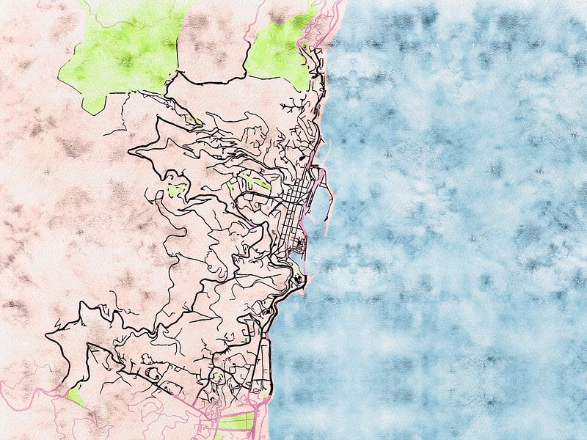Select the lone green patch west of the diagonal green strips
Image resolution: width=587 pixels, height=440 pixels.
(175, 191)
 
